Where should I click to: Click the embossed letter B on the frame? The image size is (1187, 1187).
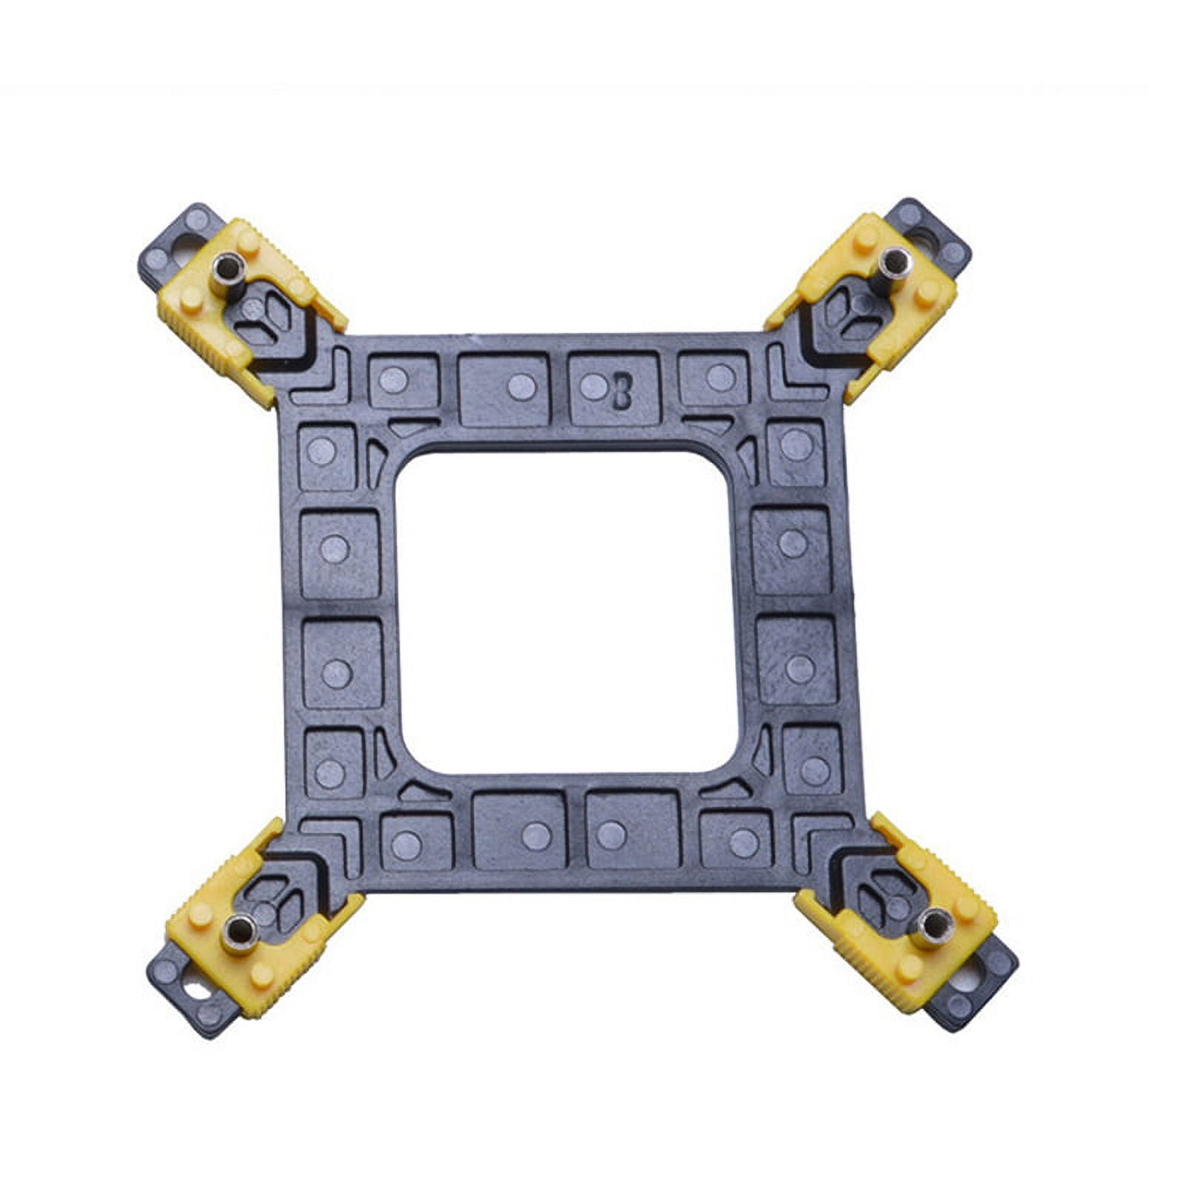pos(622,392)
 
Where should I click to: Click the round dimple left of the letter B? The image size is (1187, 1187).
pos(591,386)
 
